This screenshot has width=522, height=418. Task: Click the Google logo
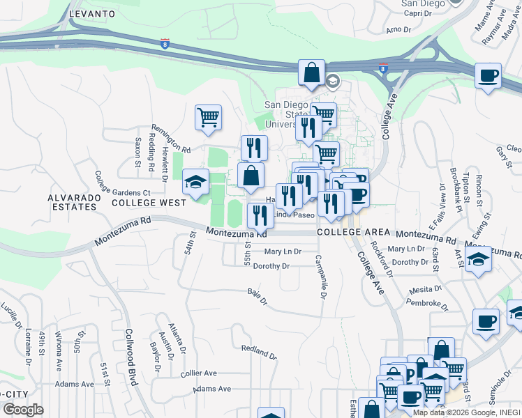pyautogui.click(x=23, y=409)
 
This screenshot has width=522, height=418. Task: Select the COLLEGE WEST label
pyautogui.click(x=149, y=203)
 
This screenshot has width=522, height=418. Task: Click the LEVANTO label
pyautogui.click(x=91, y=13)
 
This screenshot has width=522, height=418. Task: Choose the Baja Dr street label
pyautogui.click(x=258, y=297)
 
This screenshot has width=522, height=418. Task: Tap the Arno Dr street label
pyautogui.click(x=398, y=29)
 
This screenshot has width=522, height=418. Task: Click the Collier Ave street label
pyautogui.click(x=199, y=373)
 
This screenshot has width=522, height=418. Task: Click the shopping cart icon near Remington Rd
pyautogui.click(x=208, y=117)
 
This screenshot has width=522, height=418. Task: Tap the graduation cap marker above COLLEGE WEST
pyautogui.click(x=195, y=182)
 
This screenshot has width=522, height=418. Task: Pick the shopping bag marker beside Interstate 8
pyautogui.click(x=311, y=72)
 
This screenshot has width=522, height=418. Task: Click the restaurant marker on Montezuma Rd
pyautogui.click(x=260, y=216)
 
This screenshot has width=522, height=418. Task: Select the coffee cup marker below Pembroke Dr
pyautogui.click(x=486, y=321)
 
